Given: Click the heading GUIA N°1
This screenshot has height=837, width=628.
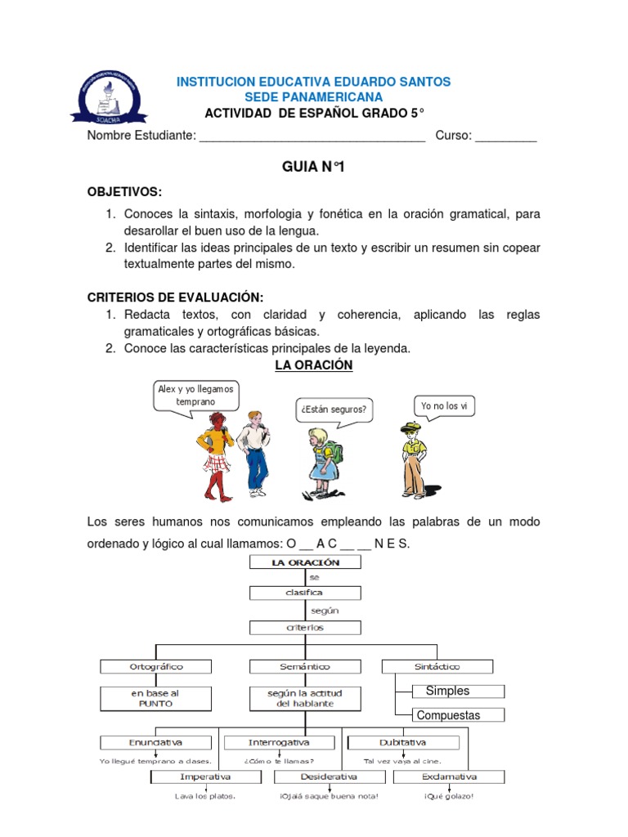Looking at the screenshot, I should click(x=313, y=167).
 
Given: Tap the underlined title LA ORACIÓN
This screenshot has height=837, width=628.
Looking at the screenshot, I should click(x=313, y=365).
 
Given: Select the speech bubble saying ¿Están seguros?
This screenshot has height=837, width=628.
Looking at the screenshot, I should click(x=334, y=409).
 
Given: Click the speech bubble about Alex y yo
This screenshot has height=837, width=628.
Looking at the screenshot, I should click(x=195, y=396).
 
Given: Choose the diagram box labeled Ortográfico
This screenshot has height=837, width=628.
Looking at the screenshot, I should click(x=156, y=666).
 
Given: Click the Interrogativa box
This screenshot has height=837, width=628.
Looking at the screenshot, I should click(x=280, y=742).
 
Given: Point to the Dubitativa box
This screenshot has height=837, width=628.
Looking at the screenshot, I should click(x=402, y=742).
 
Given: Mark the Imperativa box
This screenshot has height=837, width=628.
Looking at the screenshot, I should click(x=205, y=777).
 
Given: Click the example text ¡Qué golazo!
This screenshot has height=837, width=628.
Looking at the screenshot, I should click(x=448, y=796).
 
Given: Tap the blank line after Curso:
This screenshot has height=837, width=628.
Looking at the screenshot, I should click(x=505, y=137).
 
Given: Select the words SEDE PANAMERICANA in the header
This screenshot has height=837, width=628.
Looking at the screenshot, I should click(x=313, y=97).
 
